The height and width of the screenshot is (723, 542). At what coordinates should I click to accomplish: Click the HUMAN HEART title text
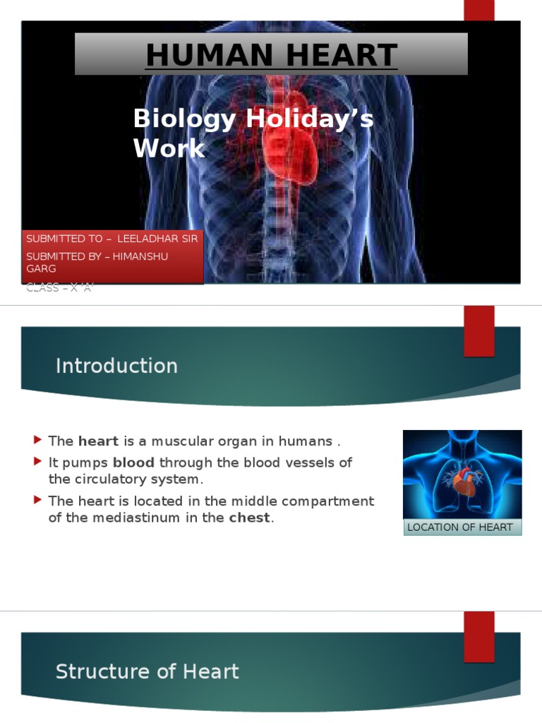coord(271,55)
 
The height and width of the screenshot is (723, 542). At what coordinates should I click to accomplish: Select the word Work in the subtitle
coord(169,148)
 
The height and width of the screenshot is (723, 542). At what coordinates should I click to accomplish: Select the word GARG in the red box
coord(41,269)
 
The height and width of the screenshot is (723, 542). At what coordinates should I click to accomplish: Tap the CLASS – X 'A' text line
coord(59,287)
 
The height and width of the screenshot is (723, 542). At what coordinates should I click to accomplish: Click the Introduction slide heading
coord(116,366)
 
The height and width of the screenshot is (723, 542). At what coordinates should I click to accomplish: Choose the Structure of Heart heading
coord(147,671)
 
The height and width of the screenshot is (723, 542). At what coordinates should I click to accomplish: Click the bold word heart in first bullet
coord(98,441)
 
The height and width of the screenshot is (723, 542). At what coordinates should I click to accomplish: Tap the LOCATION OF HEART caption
coord(460,527)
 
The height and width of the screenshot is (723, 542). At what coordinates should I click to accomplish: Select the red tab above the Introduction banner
coord(478,331)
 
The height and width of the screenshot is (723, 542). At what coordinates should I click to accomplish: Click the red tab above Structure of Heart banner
coord(478,636)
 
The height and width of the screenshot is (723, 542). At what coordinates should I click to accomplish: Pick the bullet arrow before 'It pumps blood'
coord(38,462)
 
